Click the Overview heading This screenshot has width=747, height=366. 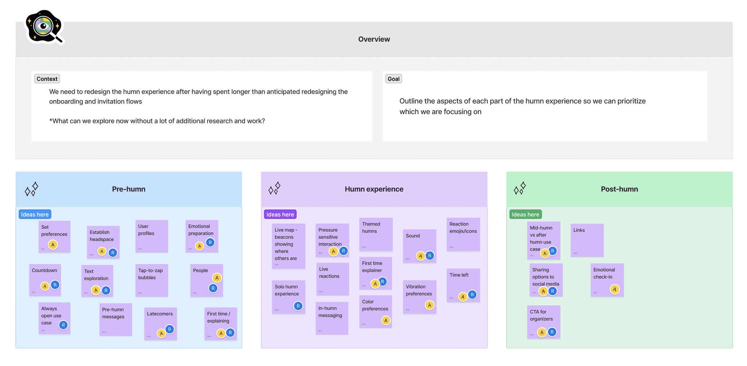pos(374,39)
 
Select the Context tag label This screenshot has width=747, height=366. pos(47,79)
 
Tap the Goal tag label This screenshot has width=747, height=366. pos(393,79)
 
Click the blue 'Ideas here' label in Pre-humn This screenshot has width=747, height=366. pos(35,214)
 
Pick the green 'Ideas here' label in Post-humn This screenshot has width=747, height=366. pos(525,214)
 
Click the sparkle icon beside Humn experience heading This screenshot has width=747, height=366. pos(274,188)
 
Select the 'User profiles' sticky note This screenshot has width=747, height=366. pos(152,236)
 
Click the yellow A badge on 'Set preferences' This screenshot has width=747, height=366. pos(53,245)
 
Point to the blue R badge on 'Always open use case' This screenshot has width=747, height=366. pos(63,325)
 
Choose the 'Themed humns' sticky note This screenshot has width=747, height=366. pos(376,234)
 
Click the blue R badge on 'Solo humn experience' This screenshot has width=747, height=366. pos(298,306)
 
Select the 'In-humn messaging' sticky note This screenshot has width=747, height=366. pos(332,318)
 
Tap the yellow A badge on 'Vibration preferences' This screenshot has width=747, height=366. pos(430,305)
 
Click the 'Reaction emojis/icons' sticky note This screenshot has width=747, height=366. pos(463,234)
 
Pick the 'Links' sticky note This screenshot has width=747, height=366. pos(587,240)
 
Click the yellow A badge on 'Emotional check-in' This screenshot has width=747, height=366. pos(615,290)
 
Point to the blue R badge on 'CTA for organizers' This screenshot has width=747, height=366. pos(552,332)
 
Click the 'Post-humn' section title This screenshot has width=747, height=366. pos(619,189)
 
